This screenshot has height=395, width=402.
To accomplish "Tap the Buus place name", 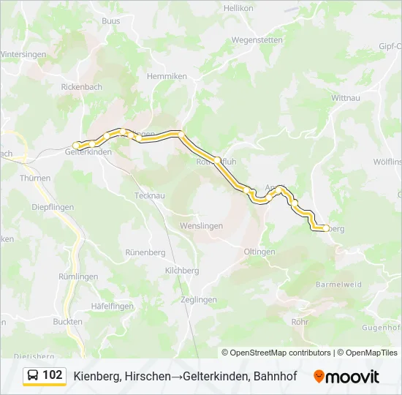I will tap(111, 21).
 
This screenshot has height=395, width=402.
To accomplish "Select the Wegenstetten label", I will tap(256, 40).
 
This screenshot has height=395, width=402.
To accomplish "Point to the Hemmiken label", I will tap(162, 76).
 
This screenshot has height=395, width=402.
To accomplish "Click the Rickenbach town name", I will tap(80, 86).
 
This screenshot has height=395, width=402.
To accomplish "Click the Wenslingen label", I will tap(202, 226).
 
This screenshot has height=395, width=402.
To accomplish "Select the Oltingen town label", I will tap(259, 252).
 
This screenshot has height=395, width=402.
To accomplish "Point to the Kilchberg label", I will tap(182, 271).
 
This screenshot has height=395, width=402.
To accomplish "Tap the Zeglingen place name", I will tap(198, 300).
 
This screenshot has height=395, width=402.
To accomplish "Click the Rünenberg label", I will tap(143, 253).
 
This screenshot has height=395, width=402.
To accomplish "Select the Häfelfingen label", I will tap(112, 305).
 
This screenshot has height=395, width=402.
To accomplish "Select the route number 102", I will tap(53, 375).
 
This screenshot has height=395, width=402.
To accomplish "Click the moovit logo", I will tap(346, 377).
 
